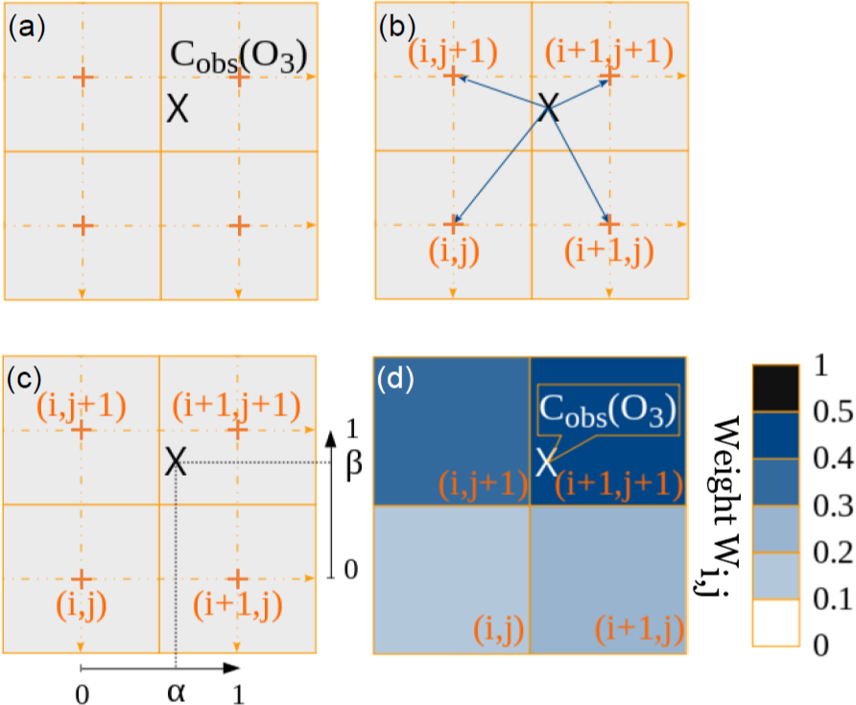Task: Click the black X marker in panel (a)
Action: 178,108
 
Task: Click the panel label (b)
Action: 397,27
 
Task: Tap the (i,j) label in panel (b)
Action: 454,251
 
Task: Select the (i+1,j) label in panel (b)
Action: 608,251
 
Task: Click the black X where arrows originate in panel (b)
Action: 549,107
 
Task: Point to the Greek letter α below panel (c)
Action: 176,693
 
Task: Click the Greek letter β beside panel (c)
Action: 354,464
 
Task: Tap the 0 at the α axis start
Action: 82,694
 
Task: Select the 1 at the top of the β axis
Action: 352,429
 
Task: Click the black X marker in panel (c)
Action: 176,461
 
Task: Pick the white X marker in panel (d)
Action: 546,462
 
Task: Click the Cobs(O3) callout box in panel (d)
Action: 608,410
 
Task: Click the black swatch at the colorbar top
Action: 775,388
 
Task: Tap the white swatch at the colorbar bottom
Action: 775,623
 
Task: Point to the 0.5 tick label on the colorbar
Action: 833,411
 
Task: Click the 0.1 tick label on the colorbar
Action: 833,599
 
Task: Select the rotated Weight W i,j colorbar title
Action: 721,506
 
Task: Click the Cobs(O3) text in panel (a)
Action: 239,57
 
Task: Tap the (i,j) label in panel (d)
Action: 498,629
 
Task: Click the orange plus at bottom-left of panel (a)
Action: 83,225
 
